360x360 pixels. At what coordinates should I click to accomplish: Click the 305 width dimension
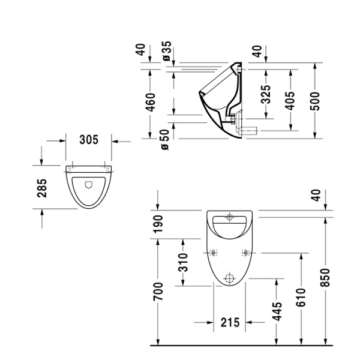(89, 140)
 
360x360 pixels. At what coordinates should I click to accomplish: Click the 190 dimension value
(158, 223)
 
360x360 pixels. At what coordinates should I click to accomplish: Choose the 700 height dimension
(158, 292)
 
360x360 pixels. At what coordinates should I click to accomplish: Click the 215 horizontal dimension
(229, 322)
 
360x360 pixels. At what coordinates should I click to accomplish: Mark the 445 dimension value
(275, 311)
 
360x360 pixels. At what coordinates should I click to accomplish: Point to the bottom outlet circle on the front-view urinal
(228, 278)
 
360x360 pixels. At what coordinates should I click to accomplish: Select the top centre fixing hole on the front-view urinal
(232, 217)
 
